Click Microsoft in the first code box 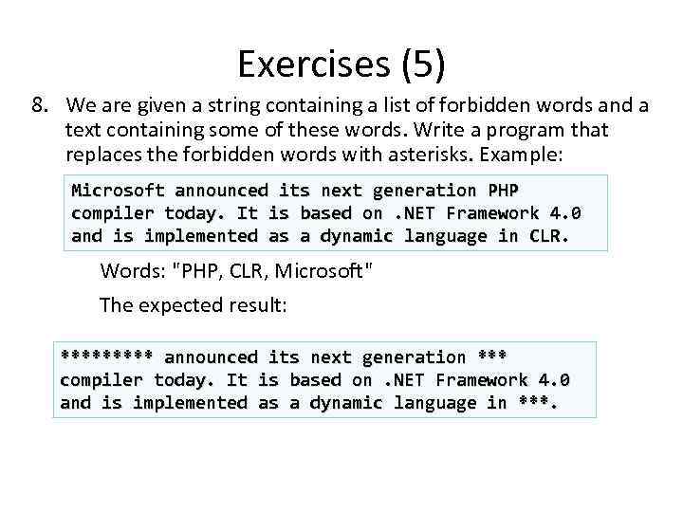(119, 191)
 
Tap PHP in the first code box (503, 191)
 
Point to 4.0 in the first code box (564, 213)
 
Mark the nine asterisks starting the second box (106, 357)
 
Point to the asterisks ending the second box (537, 403)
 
